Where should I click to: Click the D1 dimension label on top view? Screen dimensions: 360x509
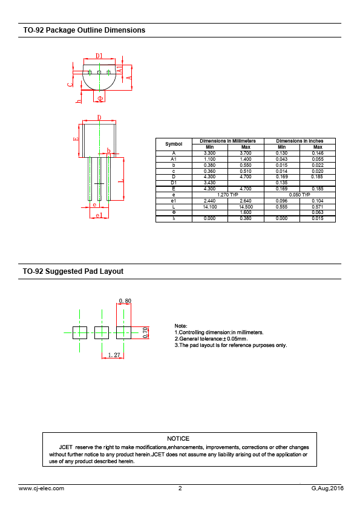coord(99,56)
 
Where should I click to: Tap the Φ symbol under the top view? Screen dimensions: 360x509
coord(100,98)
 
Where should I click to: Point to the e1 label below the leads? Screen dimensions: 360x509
coord(99,215)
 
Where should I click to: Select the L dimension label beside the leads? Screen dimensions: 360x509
coord(120,180)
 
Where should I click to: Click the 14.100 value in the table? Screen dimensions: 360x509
coord(210,207)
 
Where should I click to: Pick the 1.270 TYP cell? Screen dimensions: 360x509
coord(227,195)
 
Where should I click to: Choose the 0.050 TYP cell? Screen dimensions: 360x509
coord(299,195)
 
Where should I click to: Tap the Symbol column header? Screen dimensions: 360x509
coord(174,144)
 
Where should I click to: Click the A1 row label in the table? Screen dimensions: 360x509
coord(174,159)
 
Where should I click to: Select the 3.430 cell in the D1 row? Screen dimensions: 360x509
coord(210,183)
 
